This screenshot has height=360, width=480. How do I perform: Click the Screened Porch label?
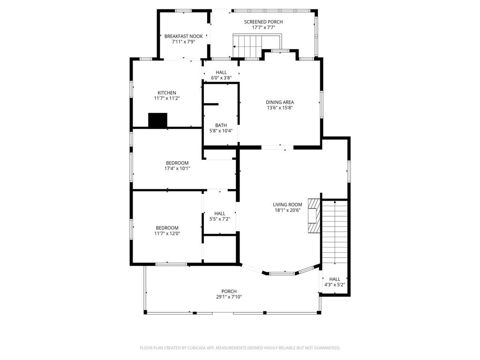click(263, 22)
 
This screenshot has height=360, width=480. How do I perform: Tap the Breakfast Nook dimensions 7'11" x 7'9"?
click(176, 42)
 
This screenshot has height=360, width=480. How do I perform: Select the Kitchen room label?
click(167, 93)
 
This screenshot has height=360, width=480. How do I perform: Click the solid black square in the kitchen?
click(157, 120)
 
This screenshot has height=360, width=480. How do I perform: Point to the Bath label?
click(221, 125)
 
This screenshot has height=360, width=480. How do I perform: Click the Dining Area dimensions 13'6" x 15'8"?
click(280, 108)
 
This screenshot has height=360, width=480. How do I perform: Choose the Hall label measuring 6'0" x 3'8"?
click(221, 72)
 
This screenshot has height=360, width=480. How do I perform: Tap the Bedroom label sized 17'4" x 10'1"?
click(177, 163)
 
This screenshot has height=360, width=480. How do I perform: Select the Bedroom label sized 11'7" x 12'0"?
click(167, 228)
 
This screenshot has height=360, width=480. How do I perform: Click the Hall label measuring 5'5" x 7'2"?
click(220, 213)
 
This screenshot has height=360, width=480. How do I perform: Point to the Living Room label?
click(287, 204)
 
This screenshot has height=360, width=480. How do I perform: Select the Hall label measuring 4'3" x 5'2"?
click(335, 279)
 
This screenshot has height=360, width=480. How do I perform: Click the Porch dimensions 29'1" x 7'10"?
click(229, 297)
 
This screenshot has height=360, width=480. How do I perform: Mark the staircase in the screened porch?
click(247, 46)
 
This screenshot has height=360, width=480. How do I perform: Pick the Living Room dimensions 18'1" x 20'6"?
click(287, 210)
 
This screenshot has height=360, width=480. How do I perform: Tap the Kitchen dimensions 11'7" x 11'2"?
click(167, 98)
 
